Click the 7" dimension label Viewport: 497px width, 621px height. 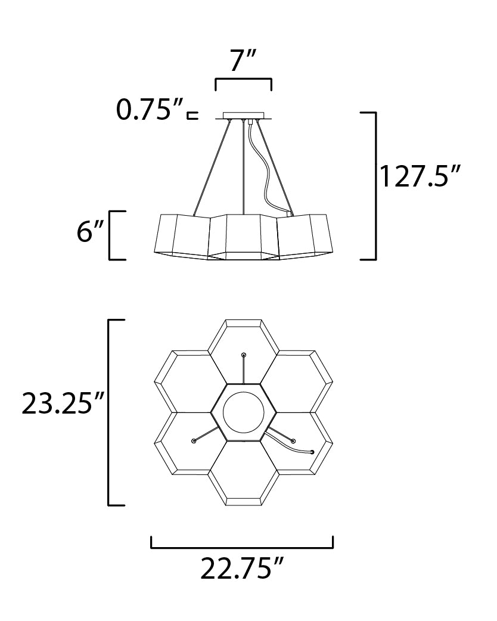pos(244,61)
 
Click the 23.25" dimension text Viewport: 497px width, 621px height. pos(63,403)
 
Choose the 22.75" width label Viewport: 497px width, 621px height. pos(243,569)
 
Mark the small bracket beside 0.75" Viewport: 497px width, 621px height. pos(192,115)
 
